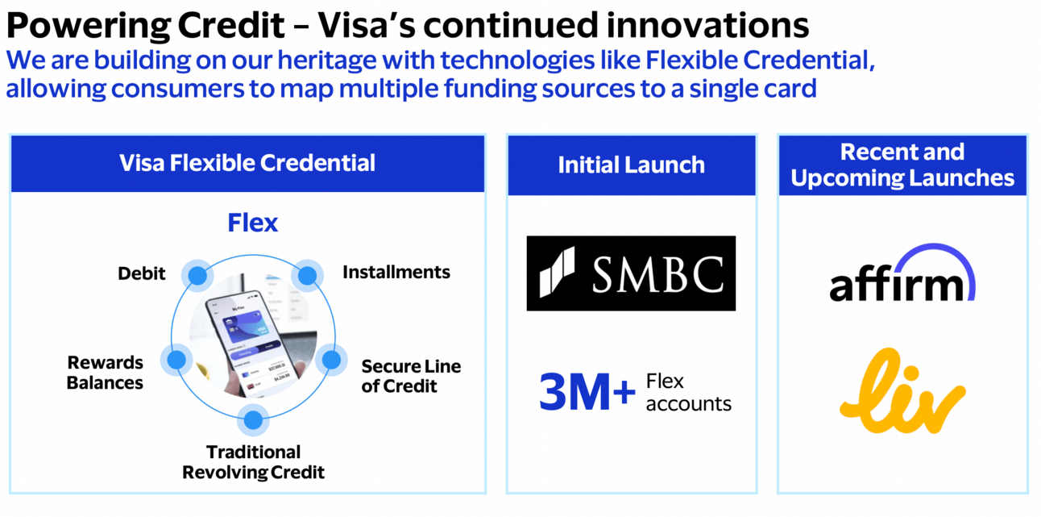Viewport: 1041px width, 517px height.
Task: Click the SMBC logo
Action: click(631, 273)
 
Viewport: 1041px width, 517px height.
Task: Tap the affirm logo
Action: click(902, 276)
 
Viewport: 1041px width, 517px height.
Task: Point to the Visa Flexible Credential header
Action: click(247, 163)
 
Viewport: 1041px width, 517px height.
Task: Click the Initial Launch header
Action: click(631, 165)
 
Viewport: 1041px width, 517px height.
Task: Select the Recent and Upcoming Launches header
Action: click(902, 165)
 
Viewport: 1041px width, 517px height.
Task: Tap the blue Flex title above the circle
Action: click(252, 223)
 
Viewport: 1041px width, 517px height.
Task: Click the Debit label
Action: click(141, 273)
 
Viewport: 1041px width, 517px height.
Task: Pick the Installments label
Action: click(396, 272)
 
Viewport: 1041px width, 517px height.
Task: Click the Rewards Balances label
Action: click(105, 373)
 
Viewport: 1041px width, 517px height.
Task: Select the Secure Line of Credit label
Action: click(411, 376)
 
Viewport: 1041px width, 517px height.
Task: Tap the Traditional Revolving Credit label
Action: click(253, 462)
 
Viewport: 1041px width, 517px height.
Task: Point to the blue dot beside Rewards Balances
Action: click(176, 361)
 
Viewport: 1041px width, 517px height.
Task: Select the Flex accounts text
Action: click(688, 392)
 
